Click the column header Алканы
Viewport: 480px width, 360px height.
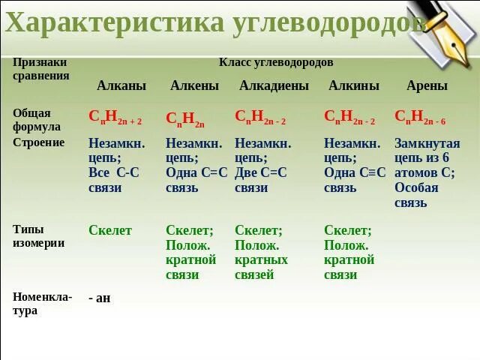point(121,85)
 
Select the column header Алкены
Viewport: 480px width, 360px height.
point(194,85)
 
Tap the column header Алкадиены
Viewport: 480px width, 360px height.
point(274,85)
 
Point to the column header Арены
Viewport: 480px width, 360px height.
point(427,85)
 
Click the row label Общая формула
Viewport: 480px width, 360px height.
point(34,119)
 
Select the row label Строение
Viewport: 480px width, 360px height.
point(38,142)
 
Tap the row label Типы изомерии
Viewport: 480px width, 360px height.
point(38,236)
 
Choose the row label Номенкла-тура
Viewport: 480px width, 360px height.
point(42,303)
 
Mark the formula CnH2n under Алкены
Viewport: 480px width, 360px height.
point(184,118)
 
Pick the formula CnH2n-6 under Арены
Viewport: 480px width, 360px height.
point(420,116)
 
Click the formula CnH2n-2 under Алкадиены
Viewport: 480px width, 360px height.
point(260,116)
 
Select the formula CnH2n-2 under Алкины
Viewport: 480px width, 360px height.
point(349,116)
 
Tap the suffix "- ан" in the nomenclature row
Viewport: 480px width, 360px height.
point(99,298)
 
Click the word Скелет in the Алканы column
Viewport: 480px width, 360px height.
point(109,230)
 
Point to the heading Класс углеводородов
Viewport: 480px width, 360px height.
point(276,62)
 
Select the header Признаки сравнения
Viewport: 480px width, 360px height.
point(40,69)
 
